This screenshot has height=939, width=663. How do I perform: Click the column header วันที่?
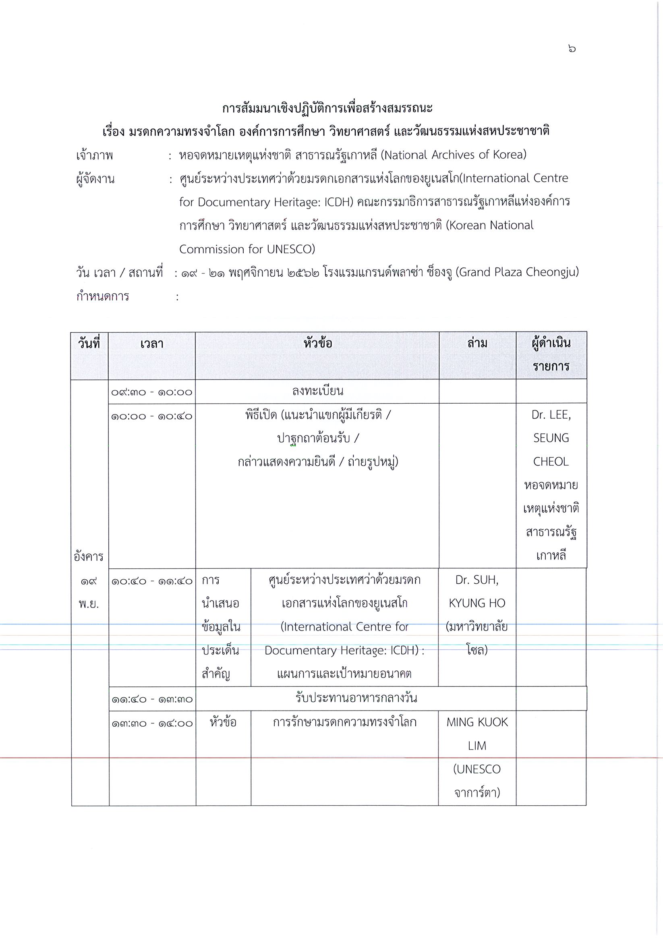(x=89, y=344)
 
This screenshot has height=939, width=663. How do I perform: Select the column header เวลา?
(x=152, y=344)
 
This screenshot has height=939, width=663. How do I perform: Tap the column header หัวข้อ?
(x=317, y=343)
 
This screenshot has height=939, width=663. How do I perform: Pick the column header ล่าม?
(x=477, y=343)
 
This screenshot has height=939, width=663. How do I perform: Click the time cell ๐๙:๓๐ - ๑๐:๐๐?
(x=152, y=392)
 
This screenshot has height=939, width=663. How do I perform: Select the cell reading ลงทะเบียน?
(x=317, y=392)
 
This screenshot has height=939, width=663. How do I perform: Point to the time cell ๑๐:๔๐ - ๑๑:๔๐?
(x=152, y=581)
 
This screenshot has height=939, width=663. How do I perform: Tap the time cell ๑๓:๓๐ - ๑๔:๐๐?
(x=152, y=723)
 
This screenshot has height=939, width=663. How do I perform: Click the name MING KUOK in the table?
(x=477, y=722)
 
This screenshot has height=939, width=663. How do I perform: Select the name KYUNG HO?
(x=477, y=603)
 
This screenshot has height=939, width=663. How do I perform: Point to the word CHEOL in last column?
(x=551, y=462)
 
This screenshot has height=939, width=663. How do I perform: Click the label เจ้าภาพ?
(x=95, y=155)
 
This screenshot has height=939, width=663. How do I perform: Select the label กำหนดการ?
(x=103, y=296)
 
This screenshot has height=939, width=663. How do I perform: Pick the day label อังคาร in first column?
(x=89, y=557)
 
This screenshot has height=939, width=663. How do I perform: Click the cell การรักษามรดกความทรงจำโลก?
(x=344, y=722)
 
